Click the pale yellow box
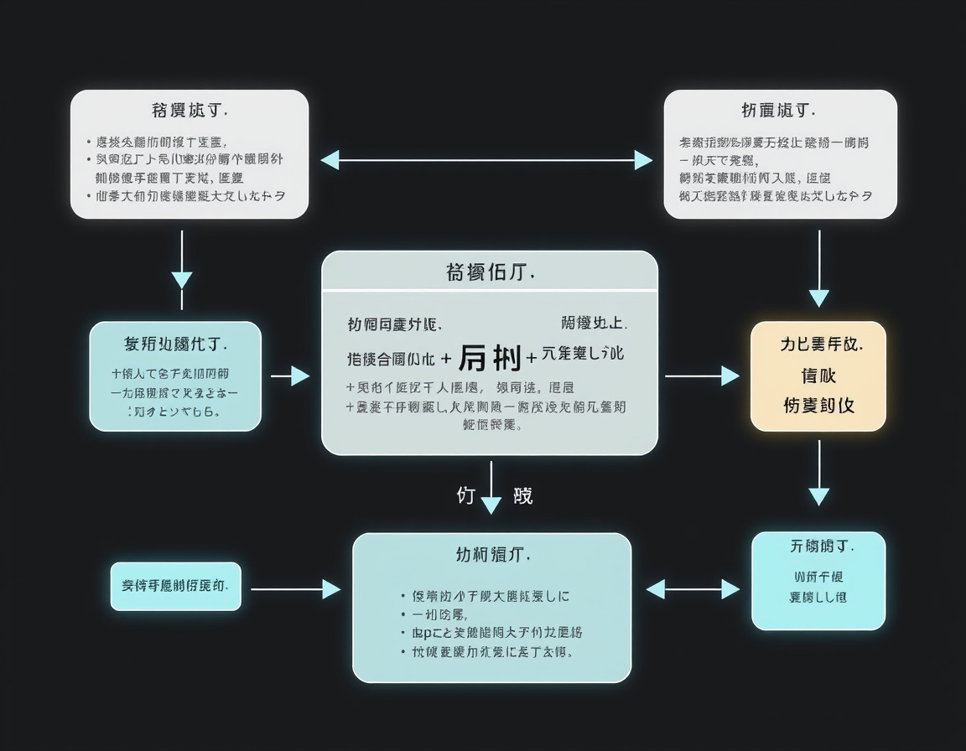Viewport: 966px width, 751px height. tap(818, 376)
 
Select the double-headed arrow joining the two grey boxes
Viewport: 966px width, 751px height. tap(486, 160)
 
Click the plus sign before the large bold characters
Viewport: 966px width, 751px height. tap(445, 359)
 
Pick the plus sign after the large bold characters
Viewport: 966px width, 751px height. tap(531, 359)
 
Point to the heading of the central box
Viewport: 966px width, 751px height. tap(490, 272)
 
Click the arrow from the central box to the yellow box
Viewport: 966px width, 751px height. tap(701, 376)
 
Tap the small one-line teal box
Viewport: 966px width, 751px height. tap(176, 586)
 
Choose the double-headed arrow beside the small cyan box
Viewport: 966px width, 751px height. tap(693, 589)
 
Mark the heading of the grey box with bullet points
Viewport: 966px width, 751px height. tap(190, 110)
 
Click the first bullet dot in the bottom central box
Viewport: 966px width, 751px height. tap(403, 597)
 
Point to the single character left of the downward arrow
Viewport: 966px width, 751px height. tap(466, 495)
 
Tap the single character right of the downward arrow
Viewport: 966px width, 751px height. tap(522, 495)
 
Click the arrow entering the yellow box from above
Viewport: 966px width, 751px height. tap(819, 268)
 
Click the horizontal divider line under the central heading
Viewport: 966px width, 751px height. tap(490, 292)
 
